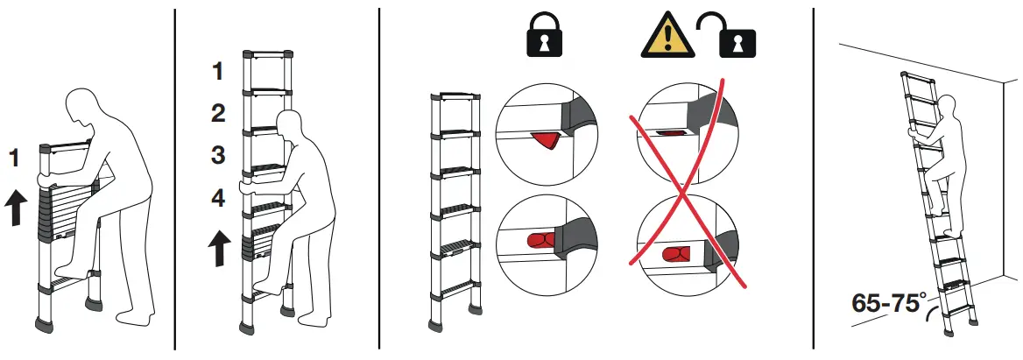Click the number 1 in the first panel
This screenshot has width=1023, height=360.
(14, 159)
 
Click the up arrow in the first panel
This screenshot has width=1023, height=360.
(15, 207)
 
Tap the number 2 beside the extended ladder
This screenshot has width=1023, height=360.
(218, 113)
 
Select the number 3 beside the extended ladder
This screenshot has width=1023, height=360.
(218, 156)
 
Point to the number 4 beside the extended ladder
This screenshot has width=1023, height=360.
(218, 199)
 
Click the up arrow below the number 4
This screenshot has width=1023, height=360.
(219, 248)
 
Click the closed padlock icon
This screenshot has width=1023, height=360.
(540, 39)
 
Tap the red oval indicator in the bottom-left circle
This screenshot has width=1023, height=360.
(539, 240)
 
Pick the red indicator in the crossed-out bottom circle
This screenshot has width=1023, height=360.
(676, 254)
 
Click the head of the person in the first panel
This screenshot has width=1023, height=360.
(88, 105)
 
